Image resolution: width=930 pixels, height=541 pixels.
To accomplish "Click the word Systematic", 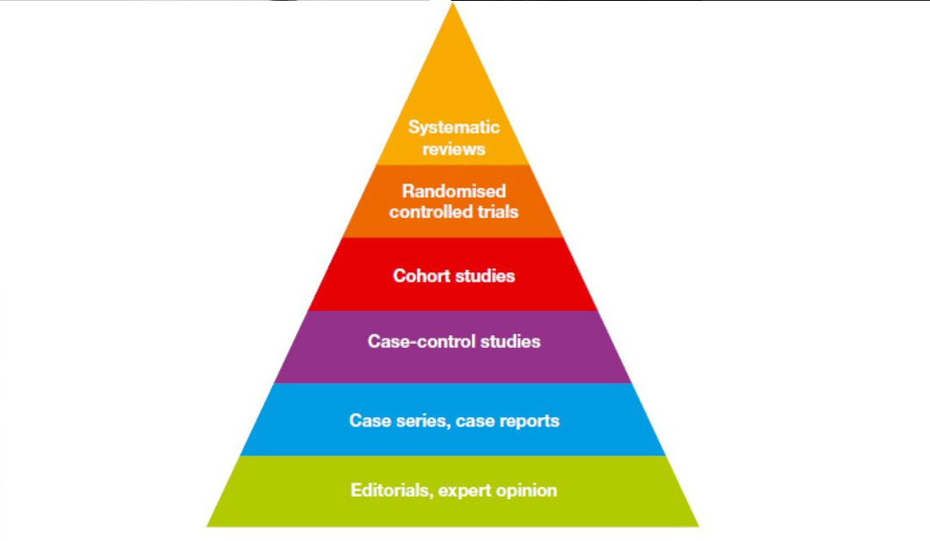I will [454, 127].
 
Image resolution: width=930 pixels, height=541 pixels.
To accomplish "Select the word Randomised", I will [454, 190].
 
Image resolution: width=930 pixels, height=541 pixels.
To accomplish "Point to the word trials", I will [499, 211].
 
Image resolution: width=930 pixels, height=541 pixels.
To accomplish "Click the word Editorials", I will [391, 491].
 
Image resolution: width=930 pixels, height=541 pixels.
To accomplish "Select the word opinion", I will [524, 491].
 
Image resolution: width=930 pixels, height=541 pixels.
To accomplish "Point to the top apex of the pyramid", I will [451, 4].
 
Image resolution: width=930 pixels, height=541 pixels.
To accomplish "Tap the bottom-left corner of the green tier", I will [208, 525].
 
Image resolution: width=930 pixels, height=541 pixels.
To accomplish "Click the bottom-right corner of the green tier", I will [697, 525].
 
